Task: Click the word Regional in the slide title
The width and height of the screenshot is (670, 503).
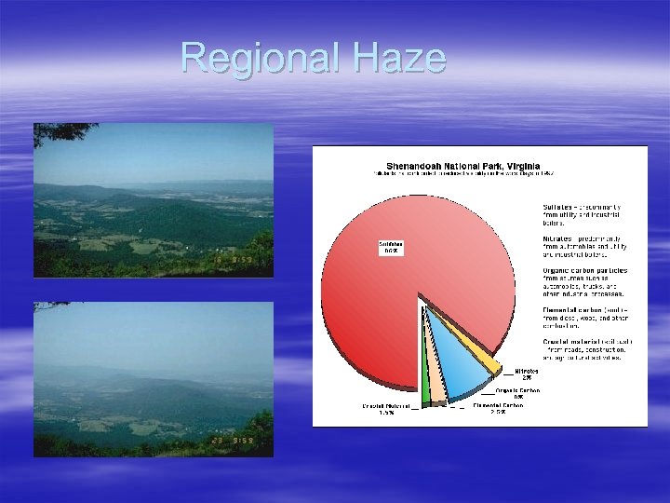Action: tap(260, 58)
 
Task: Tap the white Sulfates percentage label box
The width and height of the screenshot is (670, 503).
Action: tap(390, 248)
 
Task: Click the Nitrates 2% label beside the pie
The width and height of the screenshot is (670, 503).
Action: tap(527, 374)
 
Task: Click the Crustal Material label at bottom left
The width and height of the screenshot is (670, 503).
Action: tap(386, 409)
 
